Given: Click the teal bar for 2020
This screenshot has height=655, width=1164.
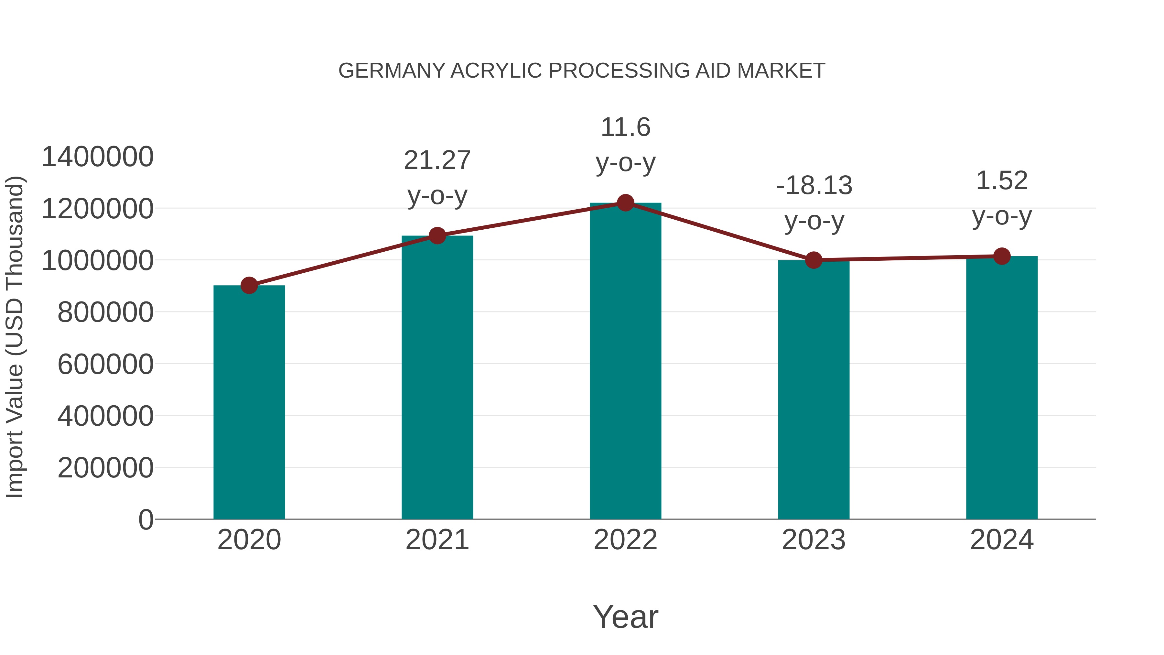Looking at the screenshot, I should (249, 402).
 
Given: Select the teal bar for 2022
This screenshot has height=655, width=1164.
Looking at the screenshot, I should (625, 362).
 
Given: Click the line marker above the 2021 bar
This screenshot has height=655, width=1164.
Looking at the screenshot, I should (437, 235).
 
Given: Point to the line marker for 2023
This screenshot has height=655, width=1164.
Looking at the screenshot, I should (814, 260).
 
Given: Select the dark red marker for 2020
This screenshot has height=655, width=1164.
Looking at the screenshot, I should (249, 285).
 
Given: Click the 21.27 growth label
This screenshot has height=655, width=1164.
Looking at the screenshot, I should (437, 160).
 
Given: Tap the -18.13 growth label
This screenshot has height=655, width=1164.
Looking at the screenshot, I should (814, 186).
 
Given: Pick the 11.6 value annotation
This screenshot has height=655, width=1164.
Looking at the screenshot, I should (625, 127).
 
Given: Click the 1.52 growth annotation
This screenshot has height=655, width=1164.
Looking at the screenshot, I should (1002, 181).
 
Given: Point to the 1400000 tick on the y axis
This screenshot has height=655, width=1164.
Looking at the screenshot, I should (97, 157).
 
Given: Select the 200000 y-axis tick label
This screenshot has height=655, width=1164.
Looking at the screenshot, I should (105, 467).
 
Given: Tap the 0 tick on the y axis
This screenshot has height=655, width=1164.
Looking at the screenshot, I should (145, 519).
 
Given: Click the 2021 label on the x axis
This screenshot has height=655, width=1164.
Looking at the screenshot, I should (437, 540).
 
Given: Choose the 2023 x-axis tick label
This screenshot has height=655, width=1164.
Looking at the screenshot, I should (814, 540).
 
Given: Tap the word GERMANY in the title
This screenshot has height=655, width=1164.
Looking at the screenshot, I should (392, 71).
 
